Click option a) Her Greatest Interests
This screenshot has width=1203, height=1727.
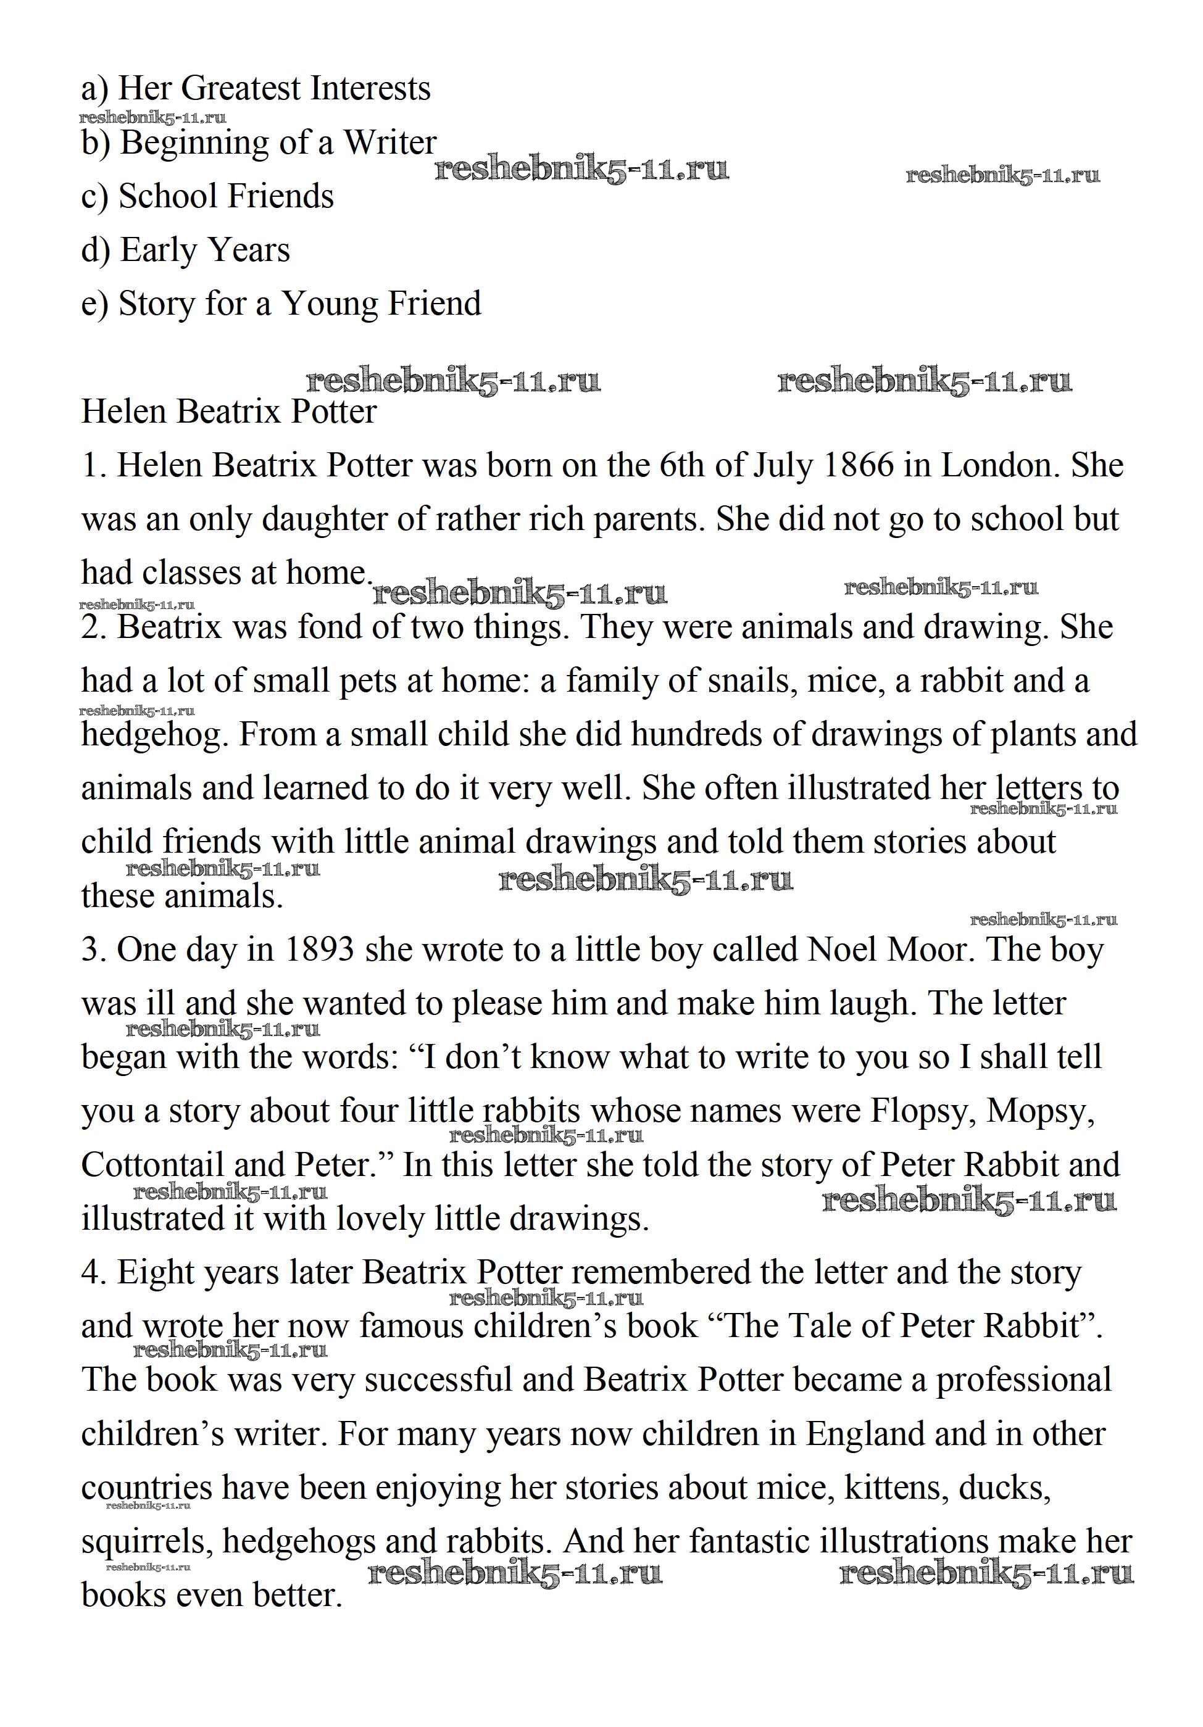click(256, 89)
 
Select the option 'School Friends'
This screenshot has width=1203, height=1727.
click(207, 196)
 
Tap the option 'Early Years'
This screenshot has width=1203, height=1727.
click(186, 251)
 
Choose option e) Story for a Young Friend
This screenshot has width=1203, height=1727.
click(281, 304)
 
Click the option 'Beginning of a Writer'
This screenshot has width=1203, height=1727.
click(259, 143)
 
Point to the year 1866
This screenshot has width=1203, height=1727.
click(858, 466)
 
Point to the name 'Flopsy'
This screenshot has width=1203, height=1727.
click(922, 1111)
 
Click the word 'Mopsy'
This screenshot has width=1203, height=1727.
click(1040, 1111)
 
